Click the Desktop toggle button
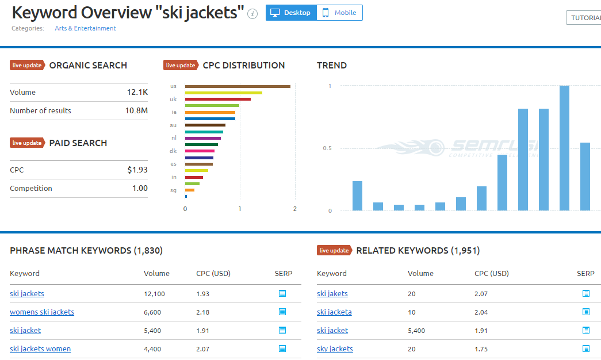pyautogui.click(x=291, y=13)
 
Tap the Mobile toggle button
pyautogui.click(x=339, y=13)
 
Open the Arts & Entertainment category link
pyautogui.click(x=85, y=28)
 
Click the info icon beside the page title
pyautogui.click(x=252, y=14)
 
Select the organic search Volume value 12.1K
pyautogui.click(x=137, y=92)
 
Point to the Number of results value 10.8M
pyautogui.click(x=136, y=110)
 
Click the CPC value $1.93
pyautogui.click(x=137, y=170)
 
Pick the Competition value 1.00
pyautogui.click(x=140, y=188)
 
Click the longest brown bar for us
pyautogui.click(x=237, y=86)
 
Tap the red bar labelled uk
pyautogui.click(x=217, y=99)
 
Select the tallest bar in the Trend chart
pyautogui.click(x=564, y=148)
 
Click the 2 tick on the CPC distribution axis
pyautogui.click(x=295, y=209)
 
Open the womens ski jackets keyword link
pyautogui.click(x=42, y=312)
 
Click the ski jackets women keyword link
pyautogui.click(x=40, y=348)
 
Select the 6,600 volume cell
pyautogui.click(x=152, y=312)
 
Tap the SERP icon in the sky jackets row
pyautogui.click(x=585, y=348)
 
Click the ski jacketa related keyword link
pyautogui.click(x=334, y=312)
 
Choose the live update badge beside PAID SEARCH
pyautogui.click(x=27, y=143)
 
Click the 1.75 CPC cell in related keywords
pyautogui.click(x=481, y=349)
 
